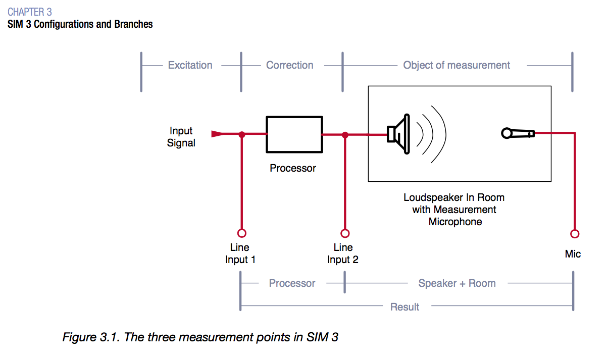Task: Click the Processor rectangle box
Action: click(294, 134)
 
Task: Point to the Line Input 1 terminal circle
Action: click(242, 233)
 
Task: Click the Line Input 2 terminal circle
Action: click(345, 233)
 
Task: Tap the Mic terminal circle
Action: click(574, 233)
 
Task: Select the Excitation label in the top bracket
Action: click(190, 65)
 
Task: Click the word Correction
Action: click(289, 65)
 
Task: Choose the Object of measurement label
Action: click(456, 65)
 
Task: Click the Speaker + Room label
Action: click(457, 283)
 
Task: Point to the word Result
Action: click(404, 306)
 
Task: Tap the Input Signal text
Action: click(181, 137)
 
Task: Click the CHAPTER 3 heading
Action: click(29, 12)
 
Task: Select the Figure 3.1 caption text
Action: click(200, 337)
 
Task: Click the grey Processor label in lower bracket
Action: click(292, 283)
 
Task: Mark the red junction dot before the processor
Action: click(242, 134)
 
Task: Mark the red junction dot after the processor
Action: click(345, 134)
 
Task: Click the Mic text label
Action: click(573, 254)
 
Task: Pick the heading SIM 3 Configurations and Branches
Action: click(80, 24)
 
